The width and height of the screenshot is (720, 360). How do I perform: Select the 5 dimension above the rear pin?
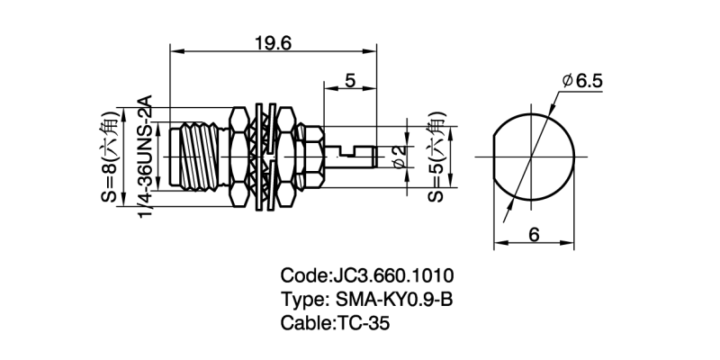point(350,80)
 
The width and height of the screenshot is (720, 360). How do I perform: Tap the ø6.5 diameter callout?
point(583,82)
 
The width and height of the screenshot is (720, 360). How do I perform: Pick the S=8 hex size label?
point(109,157)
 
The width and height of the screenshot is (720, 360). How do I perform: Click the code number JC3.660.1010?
point(393,275)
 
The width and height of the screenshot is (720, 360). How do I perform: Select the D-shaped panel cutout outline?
point(533,157)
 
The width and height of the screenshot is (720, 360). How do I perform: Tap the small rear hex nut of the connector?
point(308,157)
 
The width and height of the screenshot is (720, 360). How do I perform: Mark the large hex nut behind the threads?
point(240,157)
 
